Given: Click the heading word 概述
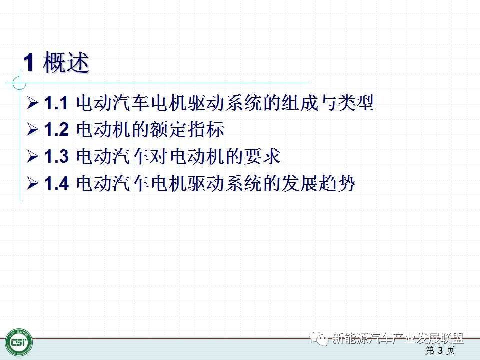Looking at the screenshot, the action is click(66, 63).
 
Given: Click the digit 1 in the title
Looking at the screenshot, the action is click(28, 63).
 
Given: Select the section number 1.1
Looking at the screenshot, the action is click(55, 103).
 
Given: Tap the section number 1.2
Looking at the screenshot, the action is click(56, 129).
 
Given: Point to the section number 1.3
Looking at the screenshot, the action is click(56, 156).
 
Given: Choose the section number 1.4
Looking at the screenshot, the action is click(56, 183).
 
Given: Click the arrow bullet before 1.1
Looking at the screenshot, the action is click(32, 103).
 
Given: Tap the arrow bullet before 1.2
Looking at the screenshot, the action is click(32, 129).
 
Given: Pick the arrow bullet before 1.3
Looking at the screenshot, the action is click(32, 156).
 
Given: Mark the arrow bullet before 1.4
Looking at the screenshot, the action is click(32, 183).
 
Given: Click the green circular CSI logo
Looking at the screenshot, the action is click(18, 342).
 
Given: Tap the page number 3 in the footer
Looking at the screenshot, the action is click(441, 350).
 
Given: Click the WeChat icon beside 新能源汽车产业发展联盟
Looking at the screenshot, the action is click(319, 338).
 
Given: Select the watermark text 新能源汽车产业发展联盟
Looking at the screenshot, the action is click(398, 339).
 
